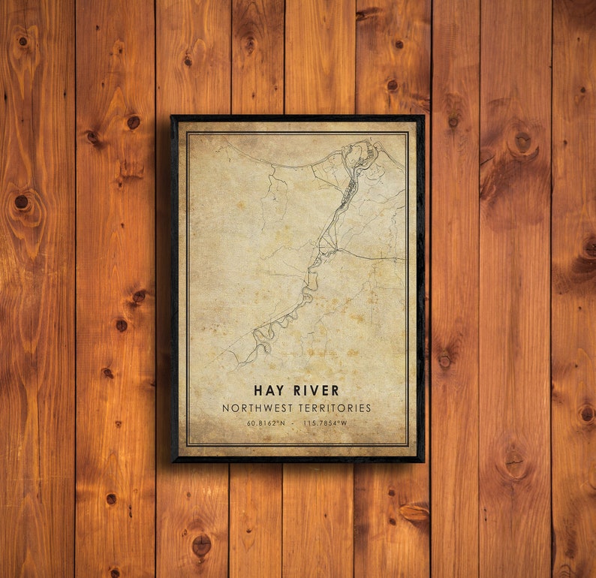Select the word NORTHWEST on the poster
(256, 408)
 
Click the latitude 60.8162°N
(266, 424)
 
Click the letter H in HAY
(259, 390)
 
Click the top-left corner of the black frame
(172, 116)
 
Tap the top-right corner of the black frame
(423, 116)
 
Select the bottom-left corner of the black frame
(172, 461)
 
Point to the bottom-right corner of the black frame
(423, 461)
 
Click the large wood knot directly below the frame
(201, 544)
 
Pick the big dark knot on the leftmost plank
(22, 202)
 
